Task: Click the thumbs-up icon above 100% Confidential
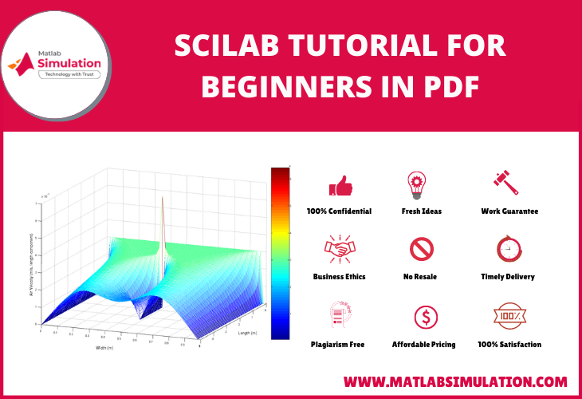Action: coord(340,186)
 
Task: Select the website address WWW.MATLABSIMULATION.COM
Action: coord(455,381)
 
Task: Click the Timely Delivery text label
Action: coord(508,277)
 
